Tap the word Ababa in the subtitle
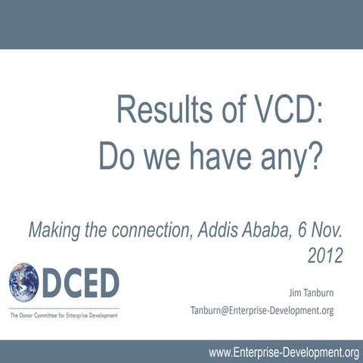point(262,229)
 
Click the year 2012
point(325,256)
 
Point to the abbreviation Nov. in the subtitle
point(328,229)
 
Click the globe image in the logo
point(24,283)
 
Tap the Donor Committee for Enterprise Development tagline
point(64,315)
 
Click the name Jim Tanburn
point(310,290)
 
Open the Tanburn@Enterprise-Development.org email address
point(262,310)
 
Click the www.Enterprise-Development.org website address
point(284,352)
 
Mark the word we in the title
point(161,156)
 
